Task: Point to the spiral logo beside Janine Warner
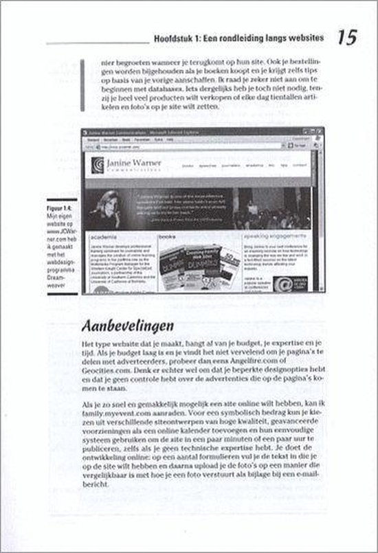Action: click(x=98, y=166)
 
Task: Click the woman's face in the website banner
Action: click(x=111, y=207)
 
